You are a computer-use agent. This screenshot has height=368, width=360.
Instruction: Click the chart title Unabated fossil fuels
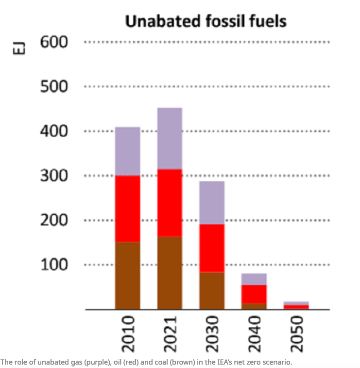click(206, 21)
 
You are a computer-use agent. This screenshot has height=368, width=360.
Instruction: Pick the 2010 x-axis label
click(128, 334)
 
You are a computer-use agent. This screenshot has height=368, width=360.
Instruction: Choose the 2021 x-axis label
click(170, 334)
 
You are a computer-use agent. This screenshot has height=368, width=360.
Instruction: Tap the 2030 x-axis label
click(212, 334)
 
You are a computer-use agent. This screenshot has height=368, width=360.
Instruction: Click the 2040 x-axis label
click(254, 334)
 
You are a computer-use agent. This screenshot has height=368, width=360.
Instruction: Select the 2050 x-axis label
click(296, 334)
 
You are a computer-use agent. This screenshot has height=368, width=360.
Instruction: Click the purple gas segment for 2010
click(128, 151)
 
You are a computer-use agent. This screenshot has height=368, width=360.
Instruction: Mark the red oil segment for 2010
click(128, 209)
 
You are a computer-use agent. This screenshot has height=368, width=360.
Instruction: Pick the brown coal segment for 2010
click(128, 276)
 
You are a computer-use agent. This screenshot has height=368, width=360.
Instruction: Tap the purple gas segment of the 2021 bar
click(170, 139)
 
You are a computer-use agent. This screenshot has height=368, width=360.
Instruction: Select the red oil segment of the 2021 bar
click(170, 203)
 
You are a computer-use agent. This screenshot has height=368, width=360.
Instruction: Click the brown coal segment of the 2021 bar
click(170, 273)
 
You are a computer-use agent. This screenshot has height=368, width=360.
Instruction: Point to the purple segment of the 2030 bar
click(212, 203)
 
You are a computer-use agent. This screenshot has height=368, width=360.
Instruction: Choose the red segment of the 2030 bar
click(212, 248)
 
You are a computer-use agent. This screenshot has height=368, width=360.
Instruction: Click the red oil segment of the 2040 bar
click(254, 294)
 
